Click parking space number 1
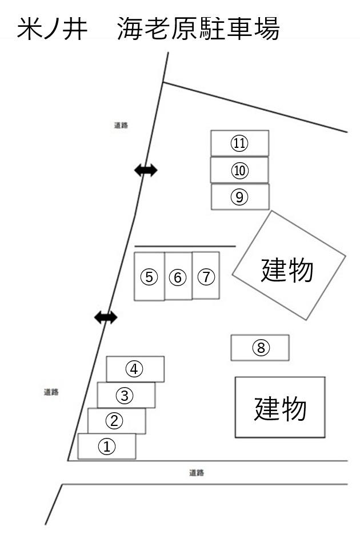coord(107,446)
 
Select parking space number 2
coord(116,421)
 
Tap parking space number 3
coord(126,395)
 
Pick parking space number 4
coord(135,369)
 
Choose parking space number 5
coord(149,277)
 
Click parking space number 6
coord(178,277)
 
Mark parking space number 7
coord(206,276)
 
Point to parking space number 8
coord(260,347)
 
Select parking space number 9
coord(240,196)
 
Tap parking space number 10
coord(239,170)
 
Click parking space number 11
coord(239,143)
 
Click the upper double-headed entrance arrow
coord(145,170)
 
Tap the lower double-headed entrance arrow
coord(106,317)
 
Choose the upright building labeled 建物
coord(280,407)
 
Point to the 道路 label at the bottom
coord(197,473)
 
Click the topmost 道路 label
coord(121,125)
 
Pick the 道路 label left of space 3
coord(51,392)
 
